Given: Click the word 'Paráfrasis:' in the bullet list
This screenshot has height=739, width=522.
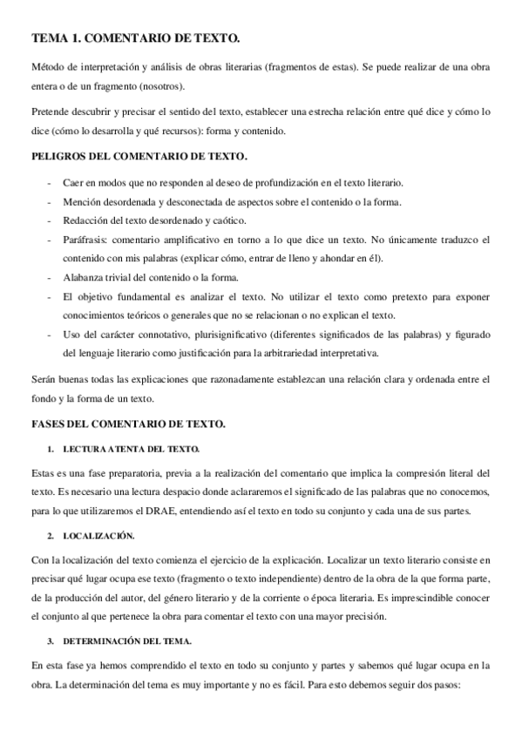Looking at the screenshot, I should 86,239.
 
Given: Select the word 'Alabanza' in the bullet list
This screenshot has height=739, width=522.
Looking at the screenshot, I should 85,278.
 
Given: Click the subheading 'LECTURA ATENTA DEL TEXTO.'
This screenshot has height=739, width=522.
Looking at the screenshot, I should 131,449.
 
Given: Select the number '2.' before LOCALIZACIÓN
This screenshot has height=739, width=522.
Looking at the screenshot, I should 51,534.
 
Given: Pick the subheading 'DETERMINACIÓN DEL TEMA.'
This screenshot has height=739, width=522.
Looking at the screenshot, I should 128,641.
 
